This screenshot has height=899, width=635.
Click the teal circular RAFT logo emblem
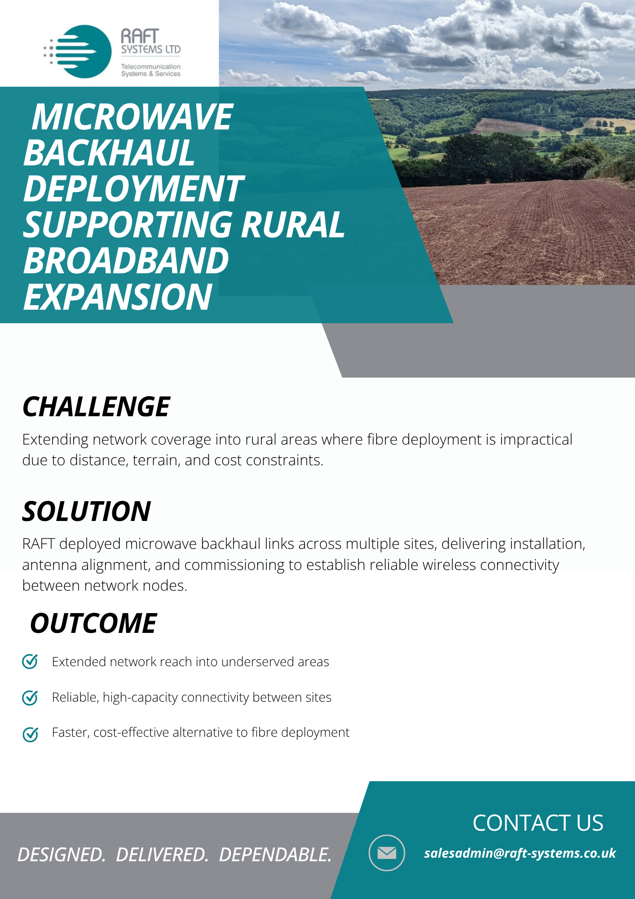point(84,52)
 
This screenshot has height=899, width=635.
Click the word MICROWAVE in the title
point(132,117)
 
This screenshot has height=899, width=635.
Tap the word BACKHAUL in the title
point(109,153)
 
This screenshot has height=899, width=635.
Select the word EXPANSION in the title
point(118,297)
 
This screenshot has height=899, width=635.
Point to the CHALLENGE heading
point(96,407)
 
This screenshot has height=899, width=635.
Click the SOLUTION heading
point(87,511)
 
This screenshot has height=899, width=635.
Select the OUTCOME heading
point(93,623)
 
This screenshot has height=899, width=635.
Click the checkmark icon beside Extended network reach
point(30,661)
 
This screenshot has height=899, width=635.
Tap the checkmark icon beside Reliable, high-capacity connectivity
point(30,697)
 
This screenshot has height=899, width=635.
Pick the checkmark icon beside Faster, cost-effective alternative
point(30,734)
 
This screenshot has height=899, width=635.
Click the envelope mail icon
point(387,853)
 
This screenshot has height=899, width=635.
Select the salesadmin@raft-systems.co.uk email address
point(520,853)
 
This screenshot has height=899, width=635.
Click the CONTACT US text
point(538,823)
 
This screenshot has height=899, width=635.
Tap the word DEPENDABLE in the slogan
point(275,854)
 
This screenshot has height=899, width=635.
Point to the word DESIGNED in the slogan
point(62,854)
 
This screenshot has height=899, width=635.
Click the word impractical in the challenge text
point(536,440)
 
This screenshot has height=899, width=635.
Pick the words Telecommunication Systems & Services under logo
point(151,70)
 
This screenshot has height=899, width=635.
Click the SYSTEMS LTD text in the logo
point(151,49)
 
